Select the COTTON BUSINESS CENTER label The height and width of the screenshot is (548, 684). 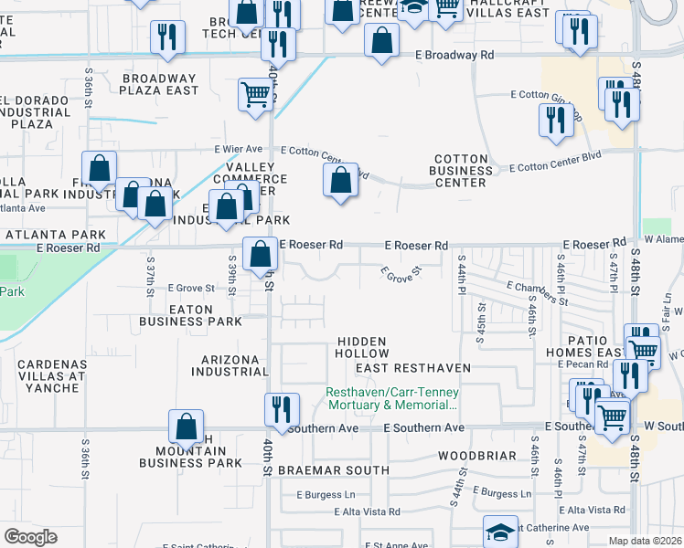pyautogui.click(x=463, y=170)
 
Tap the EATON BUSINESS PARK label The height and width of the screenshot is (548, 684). pyautogui.click(x=190, y=315)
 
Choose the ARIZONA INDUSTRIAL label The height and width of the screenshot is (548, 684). pyautogui.click(x=230, y=365)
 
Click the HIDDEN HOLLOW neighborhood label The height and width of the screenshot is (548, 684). pyautogui.click(x=361, y=347)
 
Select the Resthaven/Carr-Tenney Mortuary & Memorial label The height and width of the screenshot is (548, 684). pyautogui.click(x=392, y=398)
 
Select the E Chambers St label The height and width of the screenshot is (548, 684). pyautogui.click(x=537, y=293)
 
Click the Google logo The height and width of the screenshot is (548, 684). pyautogui.click(x=30, y=537)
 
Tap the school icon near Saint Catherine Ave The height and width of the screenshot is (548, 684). pyautogui.click(x=500, y=531)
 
